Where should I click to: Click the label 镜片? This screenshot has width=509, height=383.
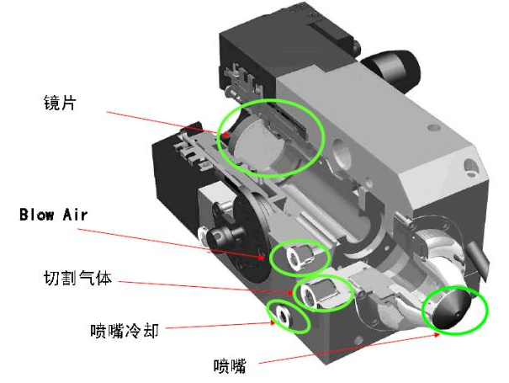(60, 103)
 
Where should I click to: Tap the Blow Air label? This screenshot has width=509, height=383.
(54, 215)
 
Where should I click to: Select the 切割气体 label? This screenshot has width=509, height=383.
(77, 278)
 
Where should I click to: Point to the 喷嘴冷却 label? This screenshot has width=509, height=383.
(125, 331)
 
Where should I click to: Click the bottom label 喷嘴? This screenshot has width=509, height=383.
(230, 366)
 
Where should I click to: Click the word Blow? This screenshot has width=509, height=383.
(36, 215)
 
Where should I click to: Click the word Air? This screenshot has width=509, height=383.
(76, 215)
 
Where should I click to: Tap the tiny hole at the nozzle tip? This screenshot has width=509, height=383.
(458, 315)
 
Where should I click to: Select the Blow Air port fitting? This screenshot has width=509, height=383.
(300, 257)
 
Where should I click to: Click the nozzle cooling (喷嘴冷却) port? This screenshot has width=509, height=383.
(284, 316)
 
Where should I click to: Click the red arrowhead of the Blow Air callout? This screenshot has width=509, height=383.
(262, 257)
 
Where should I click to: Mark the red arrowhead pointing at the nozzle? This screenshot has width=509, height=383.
(437, 334)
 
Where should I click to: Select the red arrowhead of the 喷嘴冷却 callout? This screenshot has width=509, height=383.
(272, 322)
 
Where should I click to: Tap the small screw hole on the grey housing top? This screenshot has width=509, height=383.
(432, 127)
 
